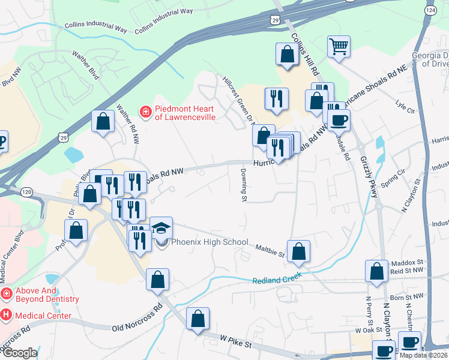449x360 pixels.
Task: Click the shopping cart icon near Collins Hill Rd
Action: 339,47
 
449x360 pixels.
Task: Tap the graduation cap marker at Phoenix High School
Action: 161,228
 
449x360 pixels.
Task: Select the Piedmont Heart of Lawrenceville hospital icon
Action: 145,111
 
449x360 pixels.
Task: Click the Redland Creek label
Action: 277,280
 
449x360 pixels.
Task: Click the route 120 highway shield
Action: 26,191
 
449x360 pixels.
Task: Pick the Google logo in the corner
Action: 19,353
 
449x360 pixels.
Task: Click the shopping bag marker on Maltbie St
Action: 298,251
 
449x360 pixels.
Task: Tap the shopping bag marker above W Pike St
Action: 197,319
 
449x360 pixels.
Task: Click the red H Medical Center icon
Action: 6,314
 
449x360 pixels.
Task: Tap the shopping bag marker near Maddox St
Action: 377,271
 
